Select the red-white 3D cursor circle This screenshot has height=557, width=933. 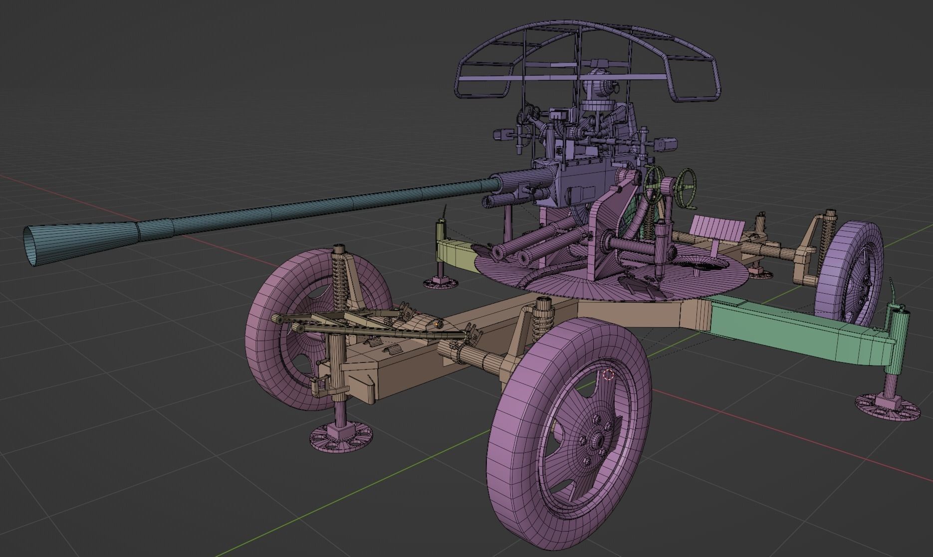pos(608,374)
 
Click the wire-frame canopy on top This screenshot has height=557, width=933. pos(589,55)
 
